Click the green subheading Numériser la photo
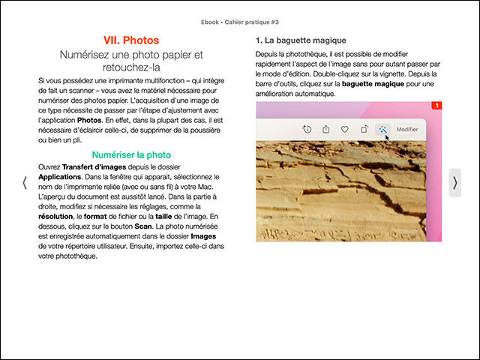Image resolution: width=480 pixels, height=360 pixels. (x=131, y=154)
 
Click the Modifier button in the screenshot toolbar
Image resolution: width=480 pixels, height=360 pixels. (x=407, y=129)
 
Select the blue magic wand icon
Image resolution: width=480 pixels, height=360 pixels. (x=383, y=129)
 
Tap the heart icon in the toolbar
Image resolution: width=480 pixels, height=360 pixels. (x=345, y=129)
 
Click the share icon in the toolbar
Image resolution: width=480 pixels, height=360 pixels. (x=326, y=129)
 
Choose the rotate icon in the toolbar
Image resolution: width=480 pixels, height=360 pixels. (x=364, y=129)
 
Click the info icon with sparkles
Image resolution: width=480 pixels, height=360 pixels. (x=307, y=129)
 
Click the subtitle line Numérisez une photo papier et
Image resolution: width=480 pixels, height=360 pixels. (x=131, y=55)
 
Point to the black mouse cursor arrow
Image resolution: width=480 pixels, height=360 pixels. (x=387, y=137)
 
